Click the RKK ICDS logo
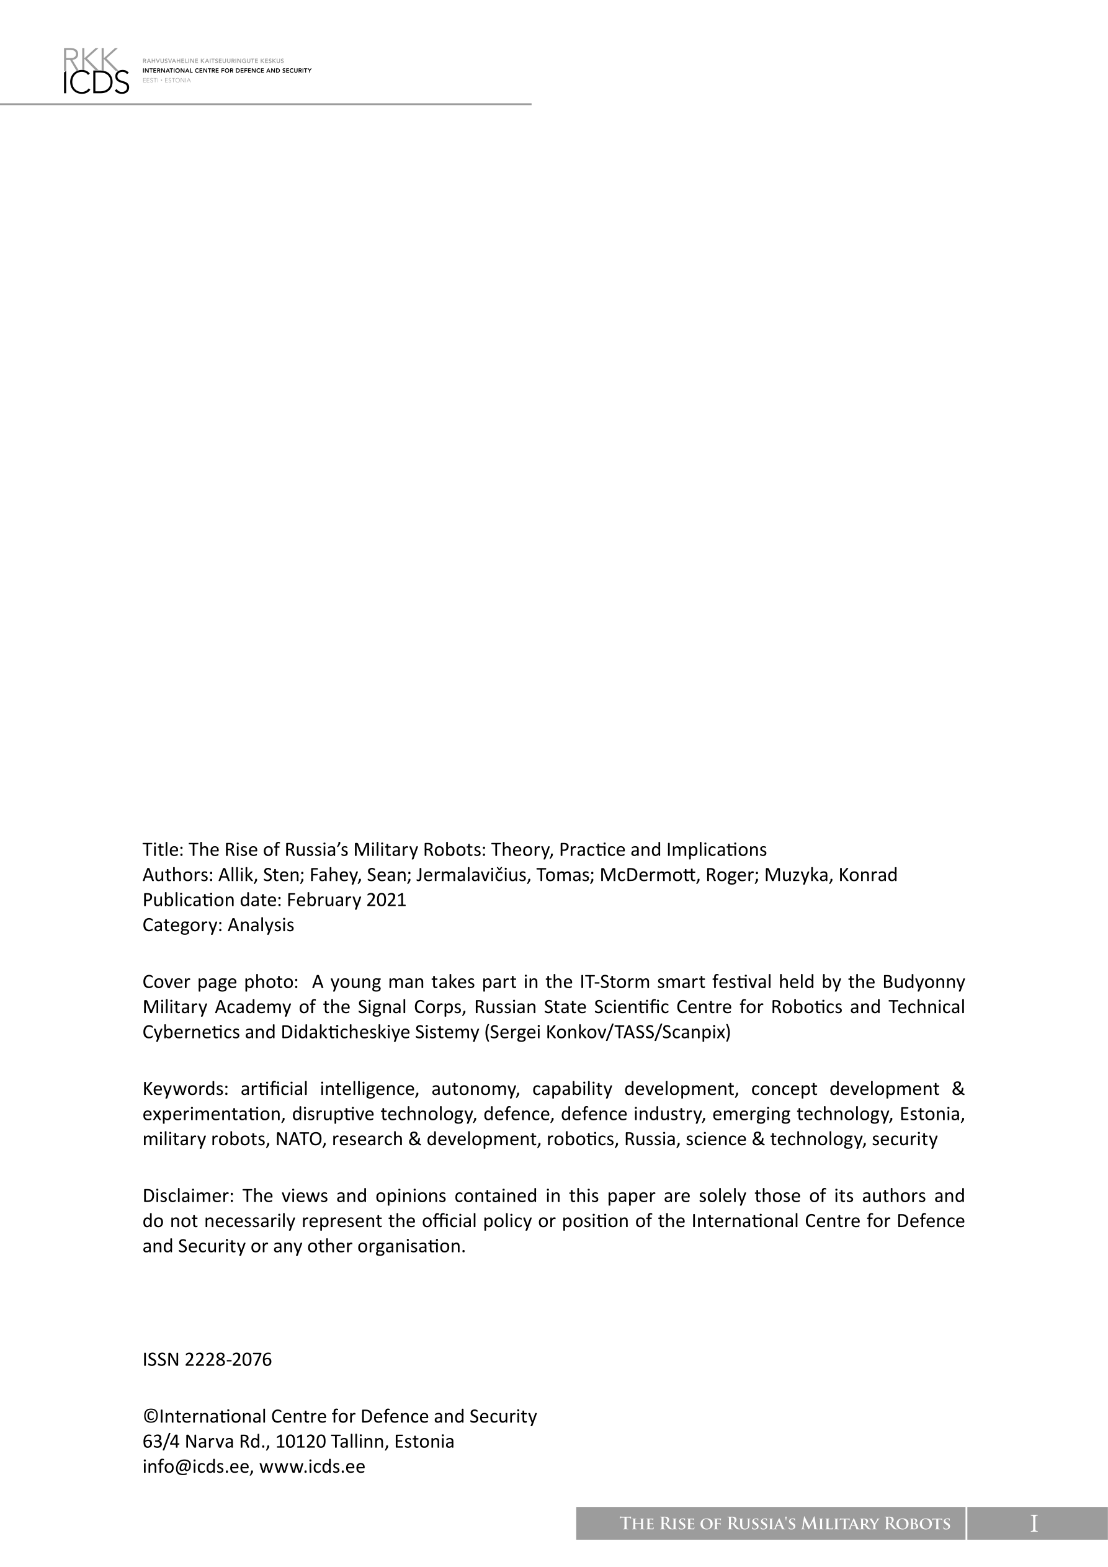pos(96,70)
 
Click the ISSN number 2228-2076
pos(228,1360)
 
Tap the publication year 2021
pos(386,900)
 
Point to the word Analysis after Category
pos(261,926)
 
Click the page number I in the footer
pos(1034,1524)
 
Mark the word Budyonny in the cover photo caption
pos(924,982)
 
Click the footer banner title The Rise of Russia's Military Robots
pos(784,1524)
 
